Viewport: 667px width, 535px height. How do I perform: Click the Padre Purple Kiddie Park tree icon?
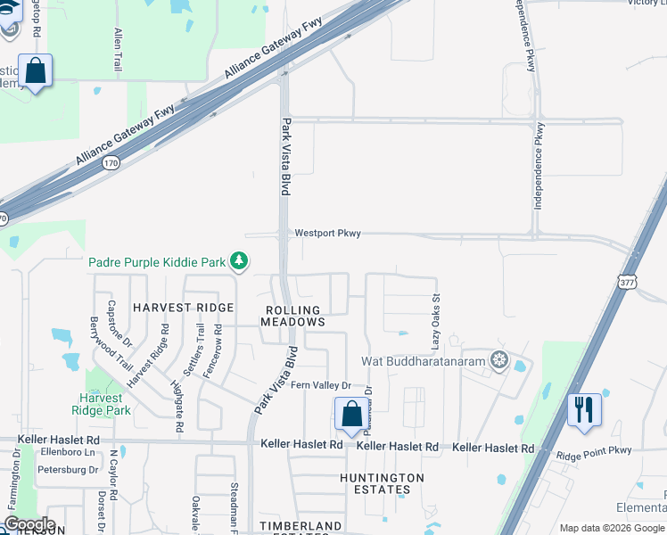[238, 261]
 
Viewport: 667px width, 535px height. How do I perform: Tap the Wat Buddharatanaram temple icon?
[498, 361]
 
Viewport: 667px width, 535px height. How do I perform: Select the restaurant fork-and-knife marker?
[584, 410]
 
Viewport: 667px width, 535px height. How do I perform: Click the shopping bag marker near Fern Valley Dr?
[351, 414]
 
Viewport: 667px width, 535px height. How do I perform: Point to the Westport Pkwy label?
[329, 234]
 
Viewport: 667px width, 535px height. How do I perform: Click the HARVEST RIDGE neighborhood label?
[183, 307]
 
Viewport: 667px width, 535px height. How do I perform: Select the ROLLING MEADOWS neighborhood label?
[292, 316]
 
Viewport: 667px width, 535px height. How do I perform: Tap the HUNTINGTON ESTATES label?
[382, 484]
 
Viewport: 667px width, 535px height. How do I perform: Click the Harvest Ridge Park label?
[104, 404]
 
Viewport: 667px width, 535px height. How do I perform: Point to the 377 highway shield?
[625, 281]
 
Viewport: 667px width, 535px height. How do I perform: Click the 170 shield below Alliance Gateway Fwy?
[111, 163]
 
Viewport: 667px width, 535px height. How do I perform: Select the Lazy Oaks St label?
[437, 324]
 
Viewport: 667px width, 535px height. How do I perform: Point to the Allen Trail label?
[117, 49]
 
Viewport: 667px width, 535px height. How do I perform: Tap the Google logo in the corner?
[29, 524]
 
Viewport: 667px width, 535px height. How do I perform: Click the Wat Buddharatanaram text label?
[422, 362]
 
